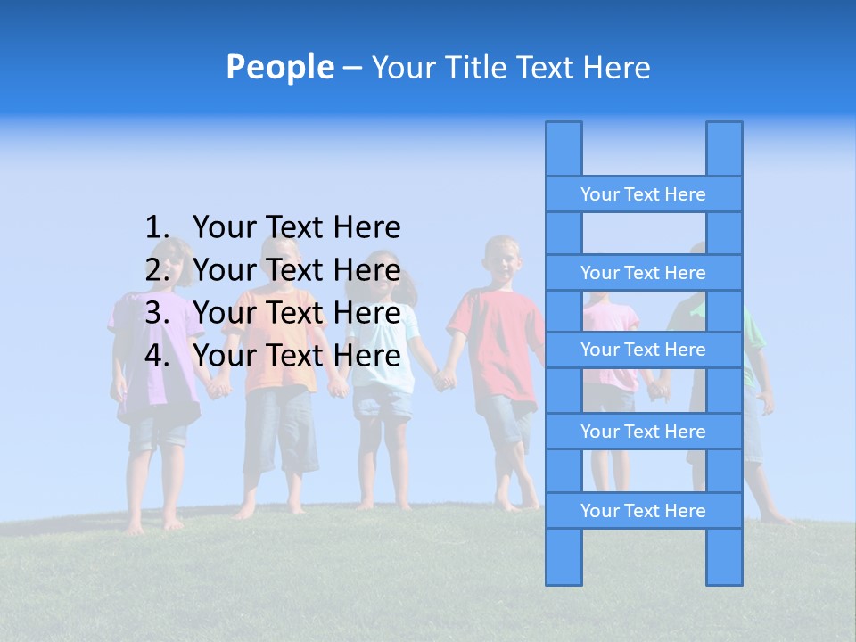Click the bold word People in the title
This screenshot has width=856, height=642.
[x=279, y=67]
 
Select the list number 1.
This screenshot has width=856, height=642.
[x=157, y=228]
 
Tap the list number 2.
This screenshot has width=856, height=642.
[x=157, y=270]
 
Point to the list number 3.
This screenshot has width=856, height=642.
[x=157, y=313]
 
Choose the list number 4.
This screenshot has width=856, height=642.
[x=157, y=356]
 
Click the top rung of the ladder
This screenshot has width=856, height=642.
[x=643, y=194]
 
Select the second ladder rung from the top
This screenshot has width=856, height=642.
[x=643, y=273]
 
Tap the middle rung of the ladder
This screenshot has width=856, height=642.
[x=643, y=350]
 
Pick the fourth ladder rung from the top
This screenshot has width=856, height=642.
[x=643, y=432]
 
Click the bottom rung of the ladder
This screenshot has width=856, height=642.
[x=643, y=511]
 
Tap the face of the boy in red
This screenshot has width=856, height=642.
[x=503, y=260]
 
